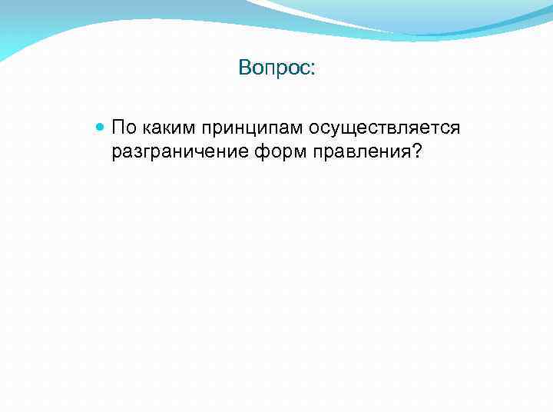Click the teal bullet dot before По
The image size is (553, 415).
(101, 126)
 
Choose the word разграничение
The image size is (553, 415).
(179, 152)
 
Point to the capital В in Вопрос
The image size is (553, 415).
(244, 68)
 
